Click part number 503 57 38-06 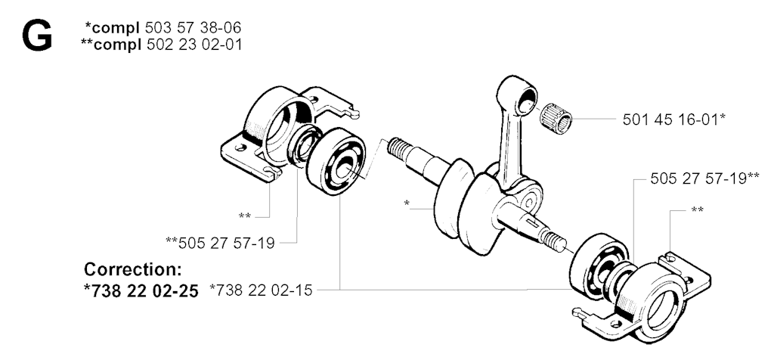click(x=193, y=27)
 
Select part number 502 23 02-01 click(x=194, y=45)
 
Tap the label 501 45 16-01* click(x=673, y=119)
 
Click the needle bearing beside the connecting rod click(x=556, y=118)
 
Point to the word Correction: click(x=133, y=270)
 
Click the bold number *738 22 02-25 click(x=141, y=291)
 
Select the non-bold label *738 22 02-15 click(x=261, y=290)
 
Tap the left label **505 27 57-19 click(x=220, y=243)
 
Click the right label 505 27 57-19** click(x=704, y=178)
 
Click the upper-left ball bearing click(x=336, y=161)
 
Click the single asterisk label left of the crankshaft click(x=407, y=203)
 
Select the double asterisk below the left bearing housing click(x=245, y=216)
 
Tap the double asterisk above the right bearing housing click(x=697, y=210)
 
